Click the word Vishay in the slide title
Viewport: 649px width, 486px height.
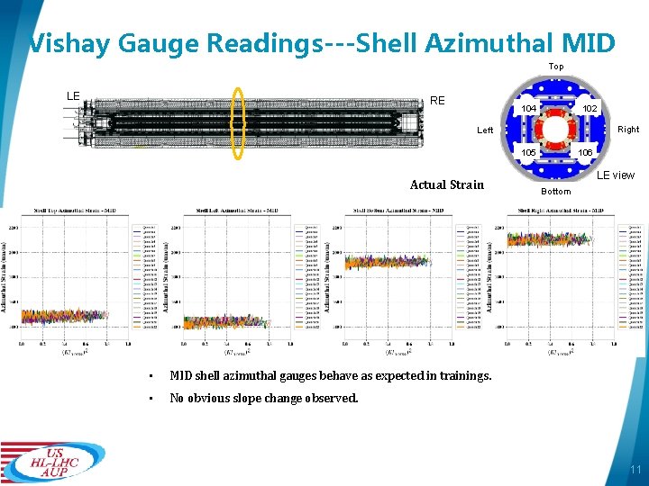pyautogui.click(x=68, y=42)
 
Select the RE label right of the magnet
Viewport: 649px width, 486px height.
pyautogui.click(x=437, y=101)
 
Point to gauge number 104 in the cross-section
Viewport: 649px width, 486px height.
pyautogui.click(x=530, y=109)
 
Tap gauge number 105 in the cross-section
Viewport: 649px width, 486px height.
pyautogui.click(x=530, y=153)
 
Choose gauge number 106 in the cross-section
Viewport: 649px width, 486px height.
pyautogui.click(x=585, y=153)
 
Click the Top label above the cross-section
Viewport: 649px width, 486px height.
pyautogui.click(x=556, y=67)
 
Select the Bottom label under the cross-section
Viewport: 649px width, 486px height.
pyautogui.click(x=556, y=191)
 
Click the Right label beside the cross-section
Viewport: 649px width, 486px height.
pyautogui.click(x=628, y=130)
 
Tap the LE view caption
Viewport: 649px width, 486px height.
pyautogui.click(x=616, y=175)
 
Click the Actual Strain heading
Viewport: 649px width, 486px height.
pyautogui.click(x=447, y=184)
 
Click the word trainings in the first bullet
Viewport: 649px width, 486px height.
pyautogui.click(x=464, y=375)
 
